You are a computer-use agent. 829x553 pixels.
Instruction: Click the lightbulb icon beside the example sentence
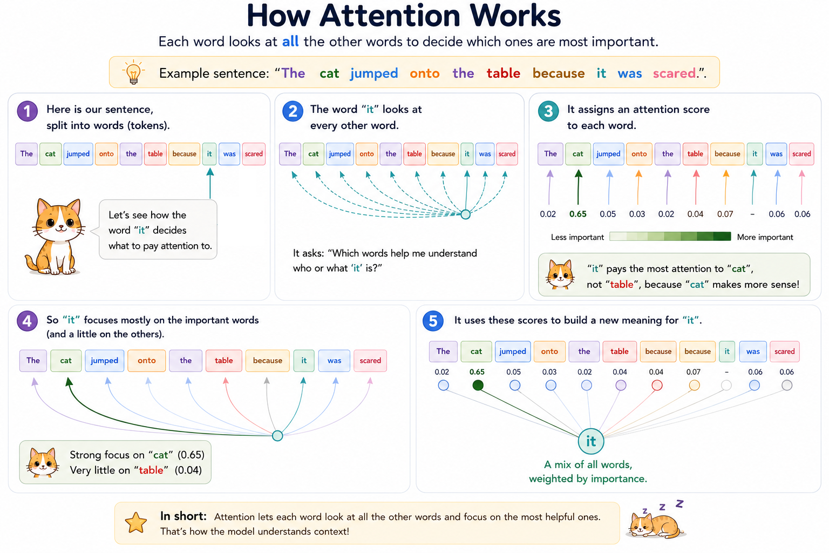tap(133, 72)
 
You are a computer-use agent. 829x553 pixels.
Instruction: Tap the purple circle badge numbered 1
tap(28, 111)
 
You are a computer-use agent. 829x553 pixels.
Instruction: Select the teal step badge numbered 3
tap(548, 111)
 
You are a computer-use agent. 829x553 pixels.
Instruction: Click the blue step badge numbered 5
tap(433, 321)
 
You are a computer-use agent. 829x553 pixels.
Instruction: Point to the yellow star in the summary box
tap(136, 523)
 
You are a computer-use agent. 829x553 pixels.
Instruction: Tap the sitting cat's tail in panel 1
tap(32, 262)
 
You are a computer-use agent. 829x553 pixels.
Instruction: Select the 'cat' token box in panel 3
tap(577, 154)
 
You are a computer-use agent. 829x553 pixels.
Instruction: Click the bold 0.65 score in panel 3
tap(577, 214)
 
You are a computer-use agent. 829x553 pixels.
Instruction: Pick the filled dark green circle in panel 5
tap(478, 385)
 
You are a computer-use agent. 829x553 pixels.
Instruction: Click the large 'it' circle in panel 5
tap(591, 441)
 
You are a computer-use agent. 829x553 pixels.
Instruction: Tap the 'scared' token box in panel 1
tap(254, 154)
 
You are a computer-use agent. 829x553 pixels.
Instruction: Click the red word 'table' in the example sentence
tap(504, 73)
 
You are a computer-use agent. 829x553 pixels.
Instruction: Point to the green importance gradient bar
tap(670, 237)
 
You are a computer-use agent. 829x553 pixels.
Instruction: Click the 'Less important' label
tap(577, 237)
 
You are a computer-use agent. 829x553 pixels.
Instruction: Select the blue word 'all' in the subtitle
tap(290, 42)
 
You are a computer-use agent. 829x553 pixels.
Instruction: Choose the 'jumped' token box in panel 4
tap(104, 360)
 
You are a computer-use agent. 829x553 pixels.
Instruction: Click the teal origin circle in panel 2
tap(466, 214)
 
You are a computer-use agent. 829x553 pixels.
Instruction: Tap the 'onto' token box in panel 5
tap(549, 351)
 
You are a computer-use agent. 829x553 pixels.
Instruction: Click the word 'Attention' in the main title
tap(390, 16)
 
